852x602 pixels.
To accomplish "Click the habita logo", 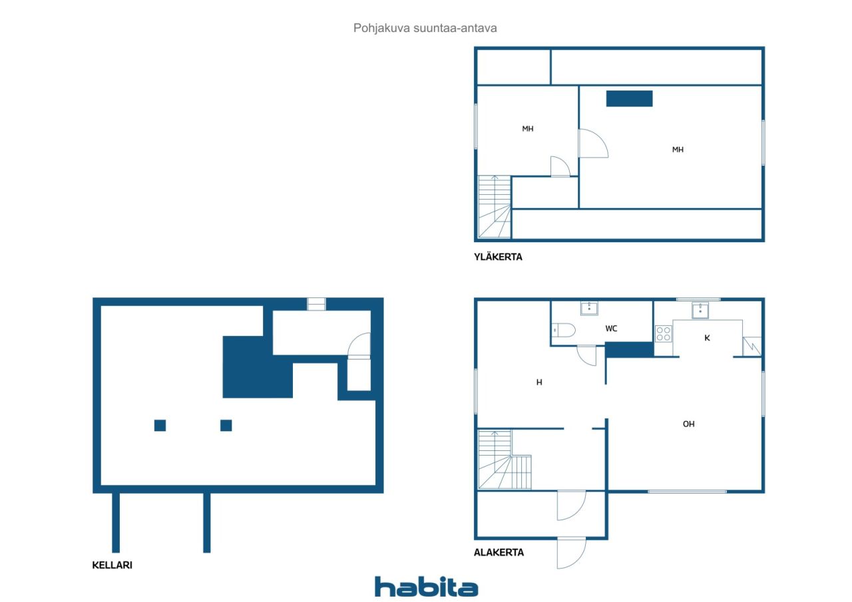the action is pos(427,587).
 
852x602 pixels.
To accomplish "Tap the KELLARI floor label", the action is pos(112,565).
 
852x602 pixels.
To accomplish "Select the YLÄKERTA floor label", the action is pos(498,257).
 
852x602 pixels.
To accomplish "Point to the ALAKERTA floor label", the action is pos(499,552).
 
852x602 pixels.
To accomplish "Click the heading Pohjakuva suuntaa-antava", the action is pos(425,28).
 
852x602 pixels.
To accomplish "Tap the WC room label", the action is pos(611,329).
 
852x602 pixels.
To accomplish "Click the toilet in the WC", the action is pos(564,330).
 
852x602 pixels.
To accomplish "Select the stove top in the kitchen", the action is pos(664,334).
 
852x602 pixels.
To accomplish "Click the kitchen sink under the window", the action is pos(700,310).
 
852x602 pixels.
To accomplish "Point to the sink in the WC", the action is pos(589,308).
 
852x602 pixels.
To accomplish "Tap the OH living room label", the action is pos(688,424).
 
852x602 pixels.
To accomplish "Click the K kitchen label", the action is pos(707,338).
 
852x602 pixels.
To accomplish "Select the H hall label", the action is pos(539,382).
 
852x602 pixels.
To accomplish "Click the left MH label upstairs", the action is pos(528,129).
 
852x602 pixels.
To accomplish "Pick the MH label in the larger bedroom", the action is pos(678,150).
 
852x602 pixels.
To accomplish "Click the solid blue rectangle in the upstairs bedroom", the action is pos(630,98).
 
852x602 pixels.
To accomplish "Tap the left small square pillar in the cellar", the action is pos(160,425).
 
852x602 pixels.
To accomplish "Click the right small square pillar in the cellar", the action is pos(226,425).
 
